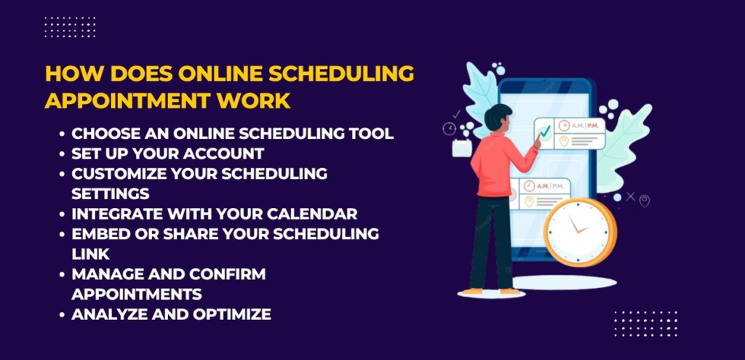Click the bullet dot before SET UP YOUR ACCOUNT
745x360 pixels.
point(63,154)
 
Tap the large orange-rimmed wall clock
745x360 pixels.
point(580,231)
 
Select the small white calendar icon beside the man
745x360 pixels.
point(462,148)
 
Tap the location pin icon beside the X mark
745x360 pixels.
point(644,200)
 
